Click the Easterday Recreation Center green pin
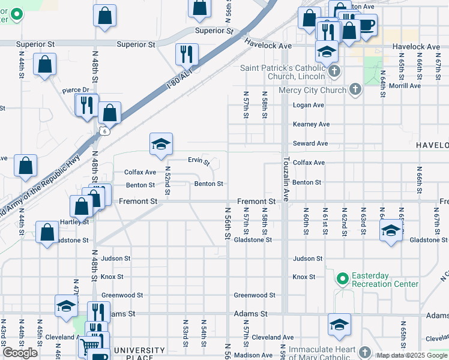click(x=343, y=278)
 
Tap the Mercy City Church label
click(x=312, y=90)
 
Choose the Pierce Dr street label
click(x=75, y=91)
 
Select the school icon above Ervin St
click(x=161, y=144)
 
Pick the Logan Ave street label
click(x=308, y=105)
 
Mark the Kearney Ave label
click(x=311, y=124)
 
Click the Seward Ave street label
click(x=310, y=143)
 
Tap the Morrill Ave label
click(x=406, y=86)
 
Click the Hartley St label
click(x=74, y=221)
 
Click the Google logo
click(x=20, y=353)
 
